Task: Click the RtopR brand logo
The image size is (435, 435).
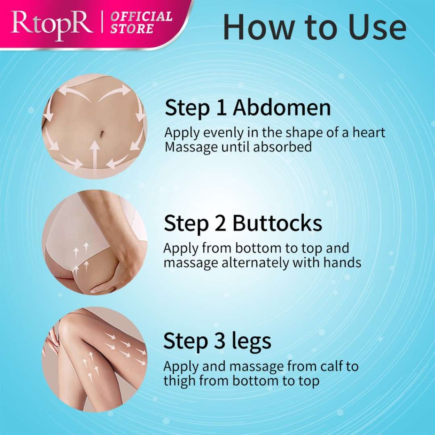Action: [52, 25]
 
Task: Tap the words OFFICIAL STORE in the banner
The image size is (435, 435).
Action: [141, 23]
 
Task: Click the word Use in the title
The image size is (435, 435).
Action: [377, 27]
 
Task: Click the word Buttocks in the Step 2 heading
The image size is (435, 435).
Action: [277, 223]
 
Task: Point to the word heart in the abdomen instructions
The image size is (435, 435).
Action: [369, 133]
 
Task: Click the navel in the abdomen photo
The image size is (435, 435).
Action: [102, 133]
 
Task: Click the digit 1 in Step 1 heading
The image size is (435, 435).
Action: [221, 108]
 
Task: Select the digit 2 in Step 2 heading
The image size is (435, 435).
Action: [220, 223]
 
